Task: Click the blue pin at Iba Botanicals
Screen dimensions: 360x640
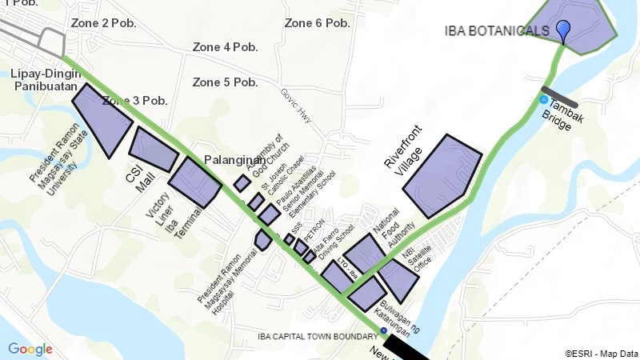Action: click(x=563, y=30)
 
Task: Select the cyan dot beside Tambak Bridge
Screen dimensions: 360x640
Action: click(x=544, y=100)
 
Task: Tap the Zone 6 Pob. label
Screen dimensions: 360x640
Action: click(x=317, y=23)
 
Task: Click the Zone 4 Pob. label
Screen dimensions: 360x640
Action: click(x=225, y=47)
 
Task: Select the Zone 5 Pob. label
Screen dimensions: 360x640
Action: click(x=225, y=82)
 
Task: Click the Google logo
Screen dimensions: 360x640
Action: click(x=30, y=349)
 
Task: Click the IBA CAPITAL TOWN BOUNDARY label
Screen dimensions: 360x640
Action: click(x=317, y=336)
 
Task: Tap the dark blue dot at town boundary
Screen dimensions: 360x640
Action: click(x=383, y=331)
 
